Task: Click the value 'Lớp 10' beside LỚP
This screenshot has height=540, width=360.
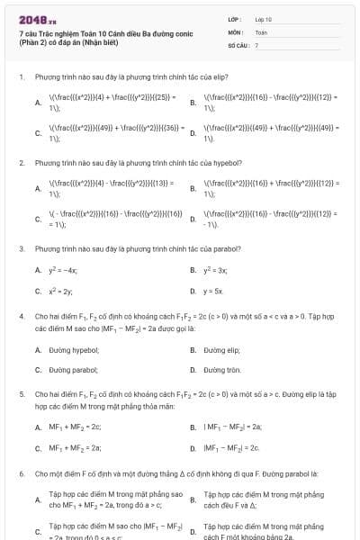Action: coord(263,18)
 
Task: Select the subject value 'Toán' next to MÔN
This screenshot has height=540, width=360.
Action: coord(261,31)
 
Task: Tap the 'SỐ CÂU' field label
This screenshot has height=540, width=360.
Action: coord(237,44)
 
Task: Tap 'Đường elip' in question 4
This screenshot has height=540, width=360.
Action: coord(221,348)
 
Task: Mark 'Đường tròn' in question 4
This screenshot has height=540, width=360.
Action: coord(222,370)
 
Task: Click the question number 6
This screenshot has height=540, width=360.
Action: coord(21,472)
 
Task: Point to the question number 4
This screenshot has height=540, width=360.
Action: coord(21,317)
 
